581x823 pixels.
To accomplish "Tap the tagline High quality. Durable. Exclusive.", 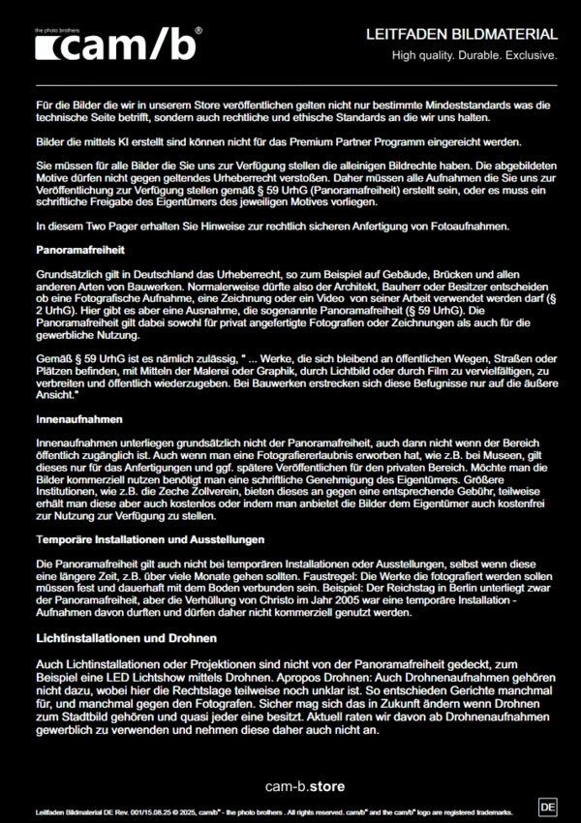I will click(474, 56).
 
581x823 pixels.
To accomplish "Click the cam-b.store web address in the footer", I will click(305, 785).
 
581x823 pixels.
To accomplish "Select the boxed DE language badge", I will click(547, 806).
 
